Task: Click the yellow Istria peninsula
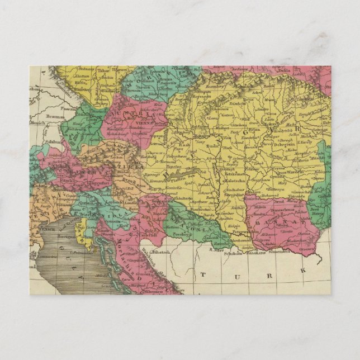81,229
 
